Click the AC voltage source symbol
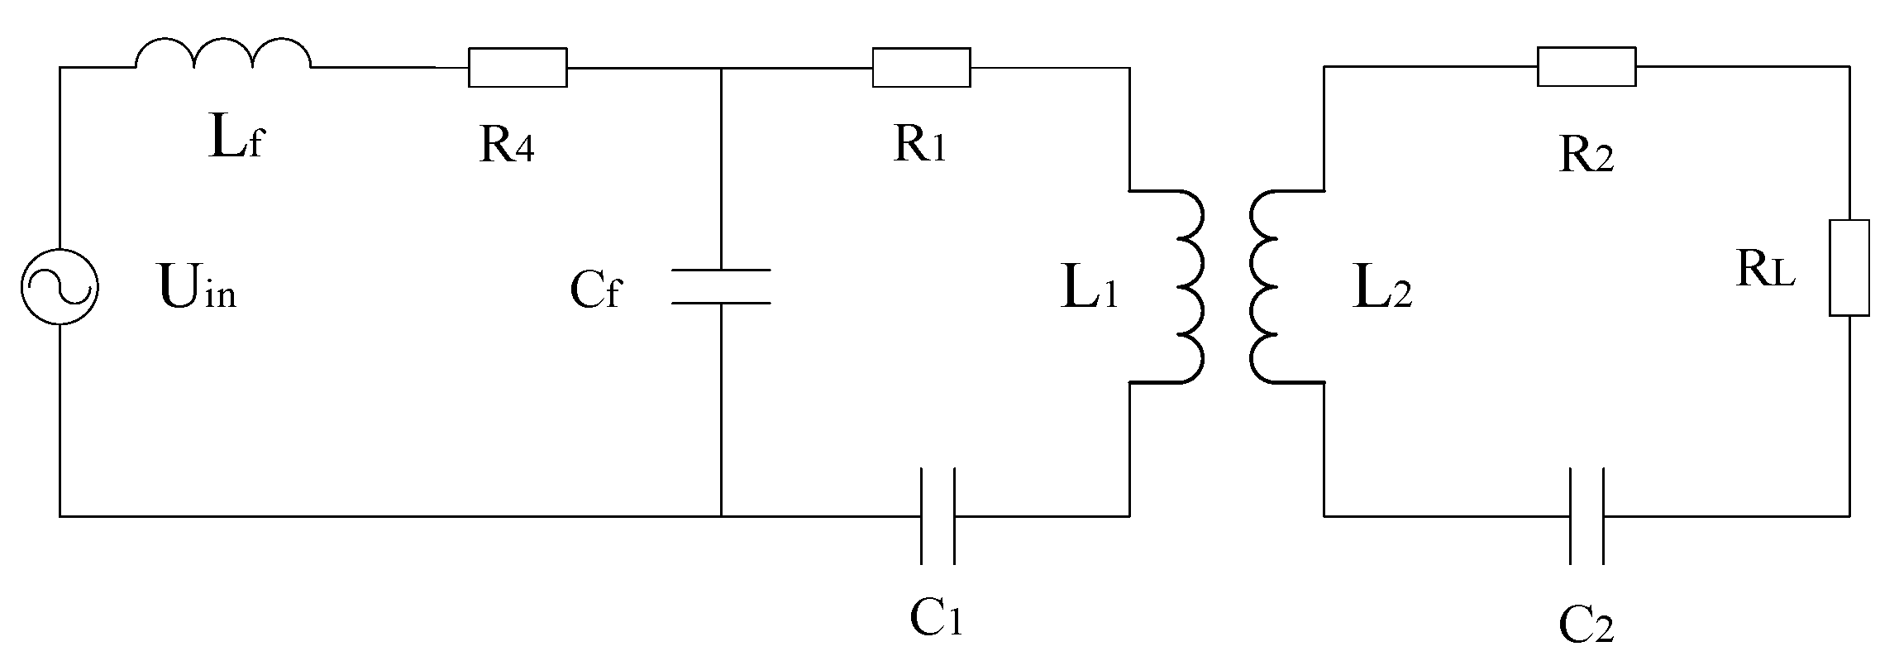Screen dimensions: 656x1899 [60, 287]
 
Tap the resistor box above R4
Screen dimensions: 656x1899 [518, 67]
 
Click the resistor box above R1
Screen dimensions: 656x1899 [921, 67]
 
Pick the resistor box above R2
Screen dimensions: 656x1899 [1586, 67]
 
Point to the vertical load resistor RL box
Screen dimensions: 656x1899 [1849, 267]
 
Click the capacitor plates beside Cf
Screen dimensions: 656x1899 [721, 286]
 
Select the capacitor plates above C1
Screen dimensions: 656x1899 [938, 515]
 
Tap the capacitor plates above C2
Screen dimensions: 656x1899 [1586, 515]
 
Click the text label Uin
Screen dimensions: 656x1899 [197, 290]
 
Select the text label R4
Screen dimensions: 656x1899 [506, 146]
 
